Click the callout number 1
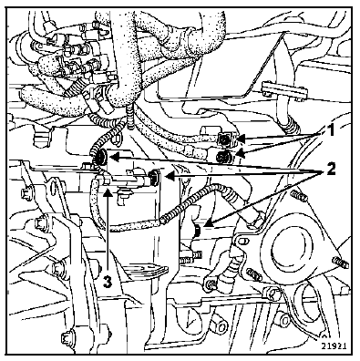pos(327,131)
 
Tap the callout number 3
pos(107,282)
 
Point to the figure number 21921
pos(334,346)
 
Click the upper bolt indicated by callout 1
pos(225,139)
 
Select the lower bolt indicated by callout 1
pos(224,157)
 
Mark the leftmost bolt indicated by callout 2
pos(100,157)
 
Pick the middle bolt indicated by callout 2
pos(154,177)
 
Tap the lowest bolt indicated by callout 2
pos(197,230)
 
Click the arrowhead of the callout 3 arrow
pos(107,191)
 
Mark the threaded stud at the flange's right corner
pos(340,263)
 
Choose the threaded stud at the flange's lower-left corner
pos(253,274)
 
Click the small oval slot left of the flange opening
pos(242,242)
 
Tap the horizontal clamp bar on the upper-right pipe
pos(284,90)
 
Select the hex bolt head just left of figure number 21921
pos(285,320)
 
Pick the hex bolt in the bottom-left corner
pos(67,337)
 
